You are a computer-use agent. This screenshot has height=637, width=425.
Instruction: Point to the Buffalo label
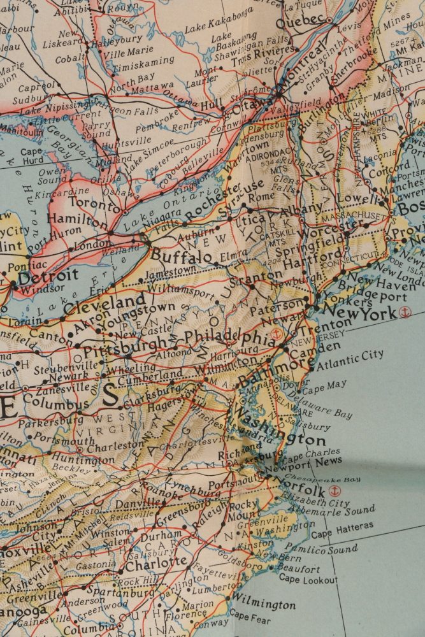point(181,256)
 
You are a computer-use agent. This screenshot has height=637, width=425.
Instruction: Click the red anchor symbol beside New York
point(403,311)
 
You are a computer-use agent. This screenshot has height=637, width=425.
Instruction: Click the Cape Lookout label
point(308,579)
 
